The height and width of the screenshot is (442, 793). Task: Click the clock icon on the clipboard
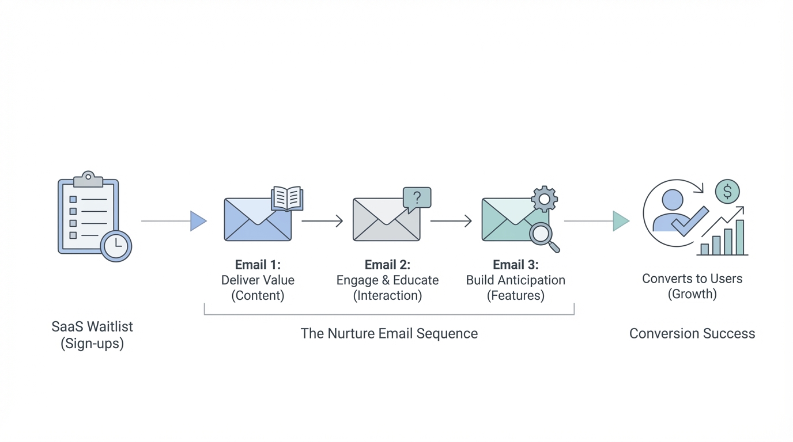coord(116,245)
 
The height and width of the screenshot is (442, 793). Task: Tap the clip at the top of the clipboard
coord(88,178)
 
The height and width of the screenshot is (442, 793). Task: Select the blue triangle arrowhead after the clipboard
coord(198,221)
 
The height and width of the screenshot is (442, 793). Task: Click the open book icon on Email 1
coord(287,199)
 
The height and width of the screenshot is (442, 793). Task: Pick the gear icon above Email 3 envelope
coord(544,199)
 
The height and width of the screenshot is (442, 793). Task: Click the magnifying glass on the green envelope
coord(543,235)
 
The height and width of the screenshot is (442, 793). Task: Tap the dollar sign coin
coord(727,192)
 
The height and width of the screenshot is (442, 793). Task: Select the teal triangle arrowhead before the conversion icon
coord(620,221)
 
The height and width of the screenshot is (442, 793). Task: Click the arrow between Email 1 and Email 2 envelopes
coord(322,221)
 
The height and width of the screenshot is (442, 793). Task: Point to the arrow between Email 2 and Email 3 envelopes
coord(451,221)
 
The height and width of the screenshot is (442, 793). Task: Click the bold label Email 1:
coord(258,265)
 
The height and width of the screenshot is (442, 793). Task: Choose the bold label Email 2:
coord(387,265)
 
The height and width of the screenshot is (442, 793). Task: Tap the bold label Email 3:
coord(516,265)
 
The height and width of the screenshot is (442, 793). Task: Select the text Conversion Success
coord(692,334)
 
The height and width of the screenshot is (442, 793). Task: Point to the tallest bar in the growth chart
coord(740,237)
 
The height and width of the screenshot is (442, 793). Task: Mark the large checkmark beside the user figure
coord(690,222)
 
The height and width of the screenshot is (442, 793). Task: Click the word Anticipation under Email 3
coord(532,280)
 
